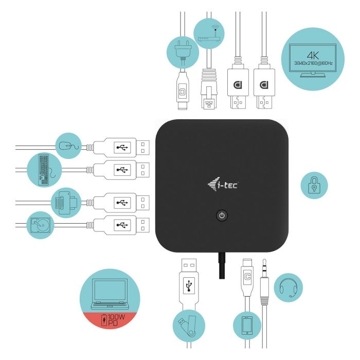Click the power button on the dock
coord(221,215)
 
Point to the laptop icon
coord(110,294)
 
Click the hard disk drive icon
coord(40,224)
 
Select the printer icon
coord(65,202)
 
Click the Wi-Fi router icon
coord(208,32)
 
